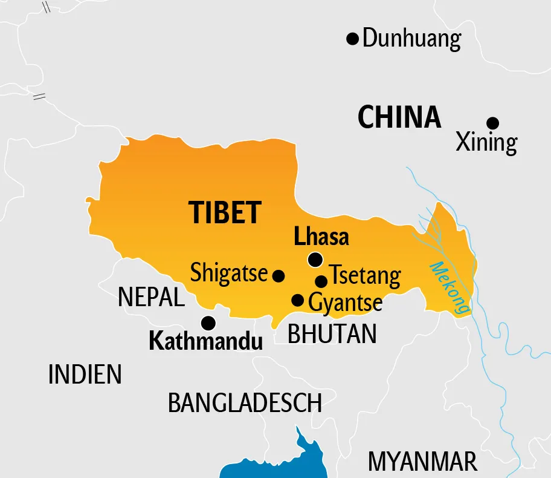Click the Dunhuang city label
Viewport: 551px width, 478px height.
tap(412, 39)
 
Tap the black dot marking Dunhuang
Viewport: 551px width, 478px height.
tap(352, 39)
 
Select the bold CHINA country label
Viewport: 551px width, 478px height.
tap(399, 117)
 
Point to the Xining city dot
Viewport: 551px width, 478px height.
tap(493, 123)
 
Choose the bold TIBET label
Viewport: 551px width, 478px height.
tap(225, 212)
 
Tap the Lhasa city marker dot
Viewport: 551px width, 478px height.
tap(315, 260)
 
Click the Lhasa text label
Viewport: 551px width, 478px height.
tap(321, 237)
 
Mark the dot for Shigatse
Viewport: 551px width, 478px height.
tap(279, 276)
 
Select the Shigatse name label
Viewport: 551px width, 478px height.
tap(228, 273)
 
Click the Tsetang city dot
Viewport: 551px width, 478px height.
tap(321, 281)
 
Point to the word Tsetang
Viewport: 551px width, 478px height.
tap(366, 276)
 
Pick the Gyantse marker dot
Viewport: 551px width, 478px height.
tap(298, 300)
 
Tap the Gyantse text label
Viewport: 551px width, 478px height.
tap(346, 303)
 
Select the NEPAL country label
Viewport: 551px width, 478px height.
tap(151, 297)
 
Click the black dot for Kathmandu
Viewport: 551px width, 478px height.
tap(208, 322)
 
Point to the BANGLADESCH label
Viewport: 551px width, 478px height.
tap(245, 403)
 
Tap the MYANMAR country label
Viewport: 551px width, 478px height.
tap(423, 462)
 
